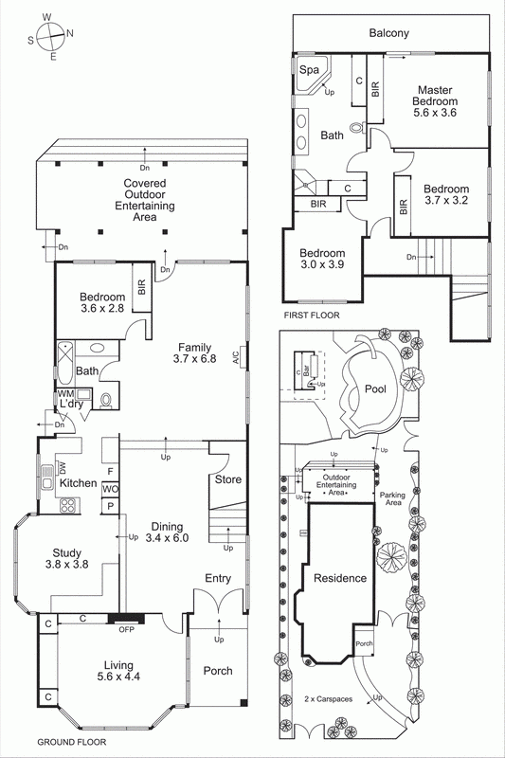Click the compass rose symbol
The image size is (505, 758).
coord(54,35)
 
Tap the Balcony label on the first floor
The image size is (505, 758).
coord(388,33)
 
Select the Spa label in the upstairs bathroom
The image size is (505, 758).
coord(309,70)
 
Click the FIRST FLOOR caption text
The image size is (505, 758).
coord(312,315)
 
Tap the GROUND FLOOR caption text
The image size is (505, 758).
coord(71,743)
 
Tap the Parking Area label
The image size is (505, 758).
coord(393,500)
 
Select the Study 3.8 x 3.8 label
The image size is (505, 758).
coord(67,559)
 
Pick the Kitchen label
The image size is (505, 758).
coord(78,483)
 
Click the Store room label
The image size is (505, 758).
coord(227,479)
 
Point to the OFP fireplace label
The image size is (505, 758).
coord(124,630)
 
